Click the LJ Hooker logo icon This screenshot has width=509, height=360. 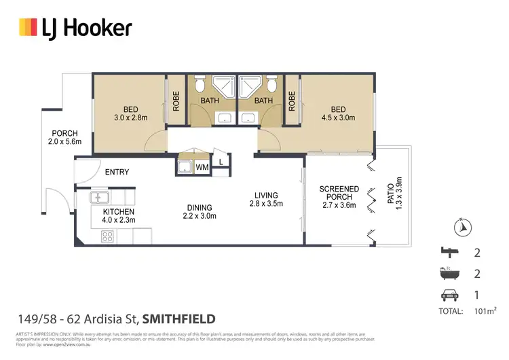pos(27,27)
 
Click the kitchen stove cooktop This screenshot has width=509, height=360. pos(107,237)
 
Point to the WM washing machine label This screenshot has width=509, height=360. pos(202,166)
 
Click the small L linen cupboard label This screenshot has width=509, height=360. pos(221,162)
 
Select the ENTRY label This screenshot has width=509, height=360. pos(117,172)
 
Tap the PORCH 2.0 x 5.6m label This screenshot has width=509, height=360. pos(65,137)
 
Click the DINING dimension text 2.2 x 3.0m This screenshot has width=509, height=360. pos(200,217)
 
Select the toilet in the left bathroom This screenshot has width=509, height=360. pos(199,86)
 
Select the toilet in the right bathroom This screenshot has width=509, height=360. pos(271,86)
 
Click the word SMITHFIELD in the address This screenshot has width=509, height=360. pos(178,318)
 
